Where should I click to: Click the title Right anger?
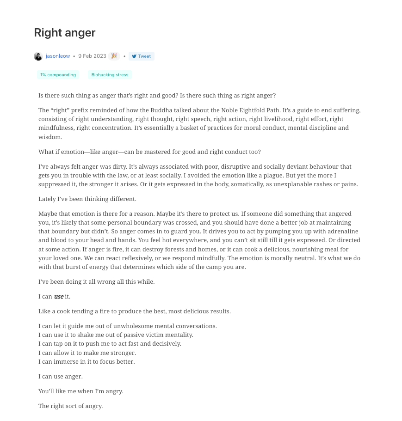pyautogui.click(x=65, y=33)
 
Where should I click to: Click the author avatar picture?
pyautogui.click(x=38, y=56)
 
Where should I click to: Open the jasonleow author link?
pyautogui.click(x=58, y=56)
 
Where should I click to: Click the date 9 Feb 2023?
pyautogui.click(x=92, y=56)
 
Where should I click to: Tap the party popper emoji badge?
pyautogui.click(x=114, y=56)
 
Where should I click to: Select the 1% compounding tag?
pyautogui.click(x=58, y=75)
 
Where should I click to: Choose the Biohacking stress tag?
pyautogui.click(x=110, y=75)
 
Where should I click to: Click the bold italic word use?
pyautogui.click(x=59, y=297)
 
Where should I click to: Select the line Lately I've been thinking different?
pyautogui.click(x=87, y=199)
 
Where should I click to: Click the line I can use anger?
pyautogui.click(x=61, y=377)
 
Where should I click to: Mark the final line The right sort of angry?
pyautogui.click(x=70, y=406)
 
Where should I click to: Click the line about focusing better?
pyautogui.click(x=87, y=362)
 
